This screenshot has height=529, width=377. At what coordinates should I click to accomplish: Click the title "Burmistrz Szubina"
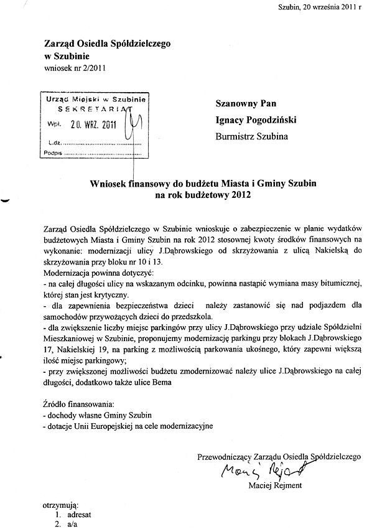pos(252,134)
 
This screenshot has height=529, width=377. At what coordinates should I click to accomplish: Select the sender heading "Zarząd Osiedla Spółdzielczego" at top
pos(106,44)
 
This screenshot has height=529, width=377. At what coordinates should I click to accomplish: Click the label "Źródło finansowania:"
pos(75,404)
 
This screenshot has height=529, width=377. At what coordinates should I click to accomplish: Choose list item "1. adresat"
pos(71,515)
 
